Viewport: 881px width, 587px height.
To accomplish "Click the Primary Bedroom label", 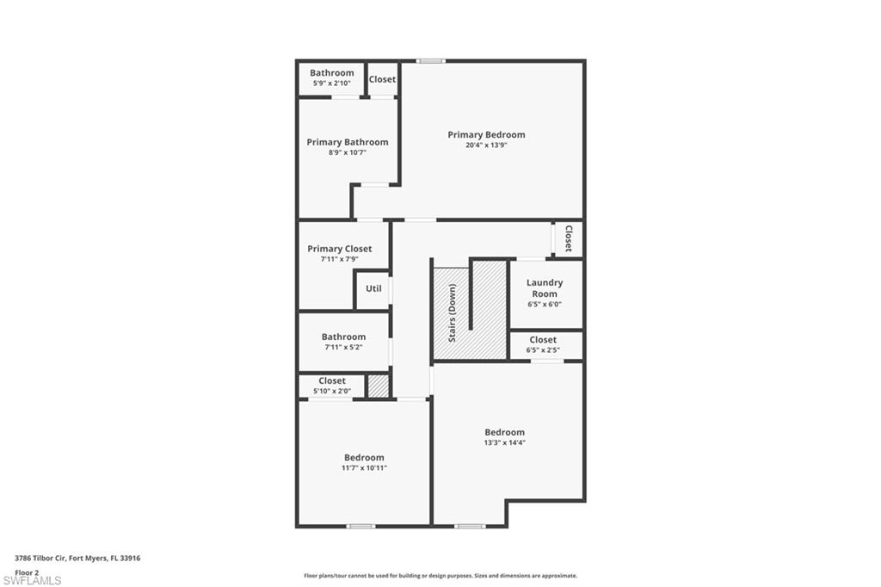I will [x=486, y=134].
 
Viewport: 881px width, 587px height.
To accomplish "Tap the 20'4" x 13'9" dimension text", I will [x=486, y=145].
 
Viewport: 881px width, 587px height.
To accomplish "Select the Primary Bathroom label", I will [x=348, y=142].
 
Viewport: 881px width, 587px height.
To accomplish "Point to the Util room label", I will [x=373, y=288].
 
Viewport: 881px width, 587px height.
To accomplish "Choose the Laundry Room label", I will [x=545, y=287].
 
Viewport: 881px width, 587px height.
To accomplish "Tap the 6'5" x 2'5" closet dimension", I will [x=543, y=350].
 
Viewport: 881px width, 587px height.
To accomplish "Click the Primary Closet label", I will [x=340, y=249].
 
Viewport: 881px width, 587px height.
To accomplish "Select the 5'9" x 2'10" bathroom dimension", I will [x=332, y=83].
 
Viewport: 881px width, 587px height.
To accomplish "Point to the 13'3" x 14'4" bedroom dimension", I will [x=504, y=442].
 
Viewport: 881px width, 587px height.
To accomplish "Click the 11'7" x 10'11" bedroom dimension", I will [x=364, y=467].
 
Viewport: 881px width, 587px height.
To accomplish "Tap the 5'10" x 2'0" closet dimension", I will [x=332, y=391].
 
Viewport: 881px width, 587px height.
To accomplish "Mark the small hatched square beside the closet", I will [x=378, y=386].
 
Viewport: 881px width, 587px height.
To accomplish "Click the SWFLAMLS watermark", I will [x=32, y=581].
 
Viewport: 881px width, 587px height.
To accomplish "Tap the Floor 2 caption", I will [x=27, y=572].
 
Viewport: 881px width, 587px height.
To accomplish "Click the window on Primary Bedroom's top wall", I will [x=431, y=61].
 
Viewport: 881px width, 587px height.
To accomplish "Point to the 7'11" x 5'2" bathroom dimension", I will [x=343, y=347].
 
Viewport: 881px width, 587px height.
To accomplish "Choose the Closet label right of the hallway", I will [x=568, y=239].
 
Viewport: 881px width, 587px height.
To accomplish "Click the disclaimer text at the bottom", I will [x=440, y=576].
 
